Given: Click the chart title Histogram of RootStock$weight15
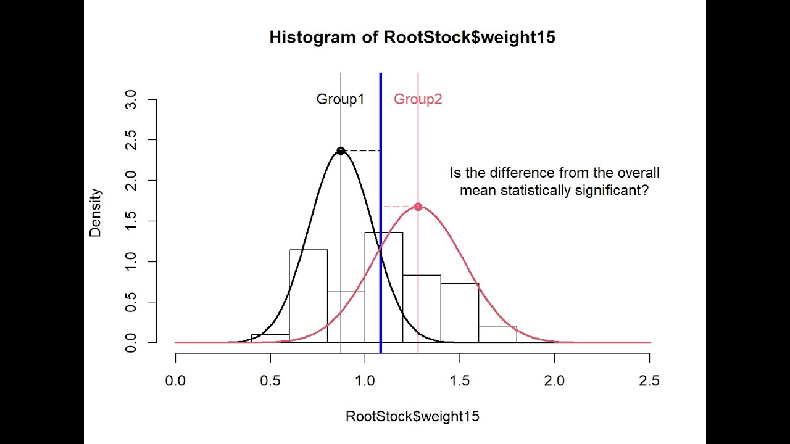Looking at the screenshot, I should click(412, 38).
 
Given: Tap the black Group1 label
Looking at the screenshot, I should click(340, 99).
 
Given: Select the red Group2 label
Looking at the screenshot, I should click(418, 99).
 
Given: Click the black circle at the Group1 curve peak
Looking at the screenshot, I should click(341, 150).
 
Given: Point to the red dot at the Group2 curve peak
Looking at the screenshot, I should click(418, 207).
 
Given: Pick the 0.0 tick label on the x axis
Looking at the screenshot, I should click(176, 380).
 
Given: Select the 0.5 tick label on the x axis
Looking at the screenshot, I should click(270, 380).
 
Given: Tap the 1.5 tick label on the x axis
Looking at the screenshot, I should click(460, 380).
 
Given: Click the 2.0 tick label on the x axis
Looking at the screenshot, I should click(554, 380).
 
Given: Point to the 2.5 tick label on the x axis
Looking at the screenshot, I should click(649, 380).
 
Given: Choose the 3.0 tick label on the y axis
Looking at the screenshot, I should click(131, 99).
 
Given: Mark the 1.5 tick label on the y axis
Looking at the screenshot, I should click(131, 221).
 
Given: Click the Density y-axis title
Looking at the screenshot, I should click(95, 213).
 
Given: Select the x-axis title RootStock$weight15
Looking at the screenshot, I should click(412, 416).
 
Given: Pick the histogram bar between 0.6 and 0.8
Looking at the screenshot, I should click(308, 296).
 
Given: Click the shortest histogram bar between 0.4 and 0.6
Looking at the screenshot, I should click(270, 339).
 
